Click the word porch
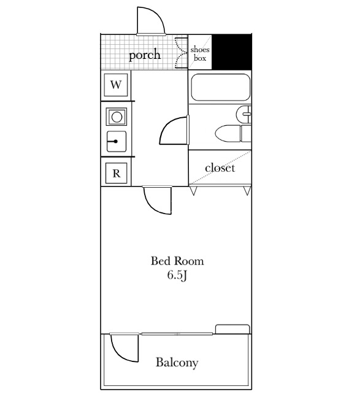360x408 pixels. click(x=145, y=55)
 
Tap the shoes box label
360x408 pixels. click(x=200, y=53)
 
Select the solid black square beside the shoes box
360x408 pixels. click(x=232, y=52)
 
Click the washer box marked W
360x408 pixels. click(x=116, y=85)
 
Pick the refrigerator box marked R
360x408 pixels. click(x=117, y=173)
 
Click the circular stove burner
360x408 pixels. click(x=117, y=117)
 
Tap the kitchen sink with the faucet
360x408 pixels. click(x=117, y=142)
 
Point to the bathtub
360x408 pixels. click(x=221, y=87)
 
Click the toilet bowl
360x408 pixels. click(x=228, y=134)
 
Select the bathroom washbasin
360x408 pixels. click(x=243, y=114)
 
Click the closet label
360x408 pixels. click(x=220, y=168)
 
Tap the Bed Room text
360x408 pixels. click(x=177, y=261)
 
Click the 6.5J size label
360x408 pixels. click(x=177, y=275)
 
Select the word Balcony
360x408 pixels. click(x=177, y=363)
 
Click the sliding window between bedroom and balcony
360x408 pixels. click(x=177, y=334)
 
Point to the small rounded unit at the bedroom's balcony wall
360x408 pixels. click(x=232, y=329)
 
